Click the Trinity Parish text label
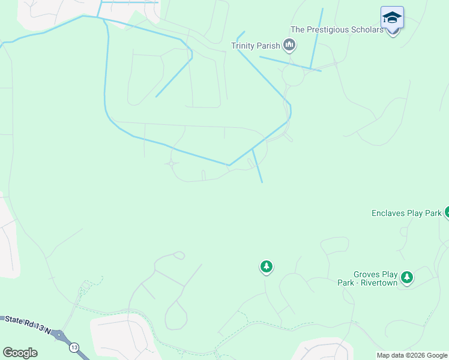coord(255,46)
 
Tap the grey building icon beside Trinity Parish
coord(289,45)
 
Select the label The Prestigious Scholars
coord(337,29)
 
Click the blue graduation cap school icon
coord(392,17)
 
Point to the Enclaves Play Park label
coord(406,213)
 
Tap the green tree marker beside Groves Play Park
coord(408,277)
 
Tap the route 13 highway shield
coord(74,347)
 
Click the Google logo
coord(20,353)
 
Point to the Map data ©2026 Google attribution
coord(412,355)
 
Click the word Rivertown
coord(378,283)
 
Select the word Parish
coord(268,46)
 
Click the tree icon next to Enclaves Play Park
coord(447,212)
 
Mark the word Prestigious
coord(326,29)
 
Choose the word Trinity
coord(243,46)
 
